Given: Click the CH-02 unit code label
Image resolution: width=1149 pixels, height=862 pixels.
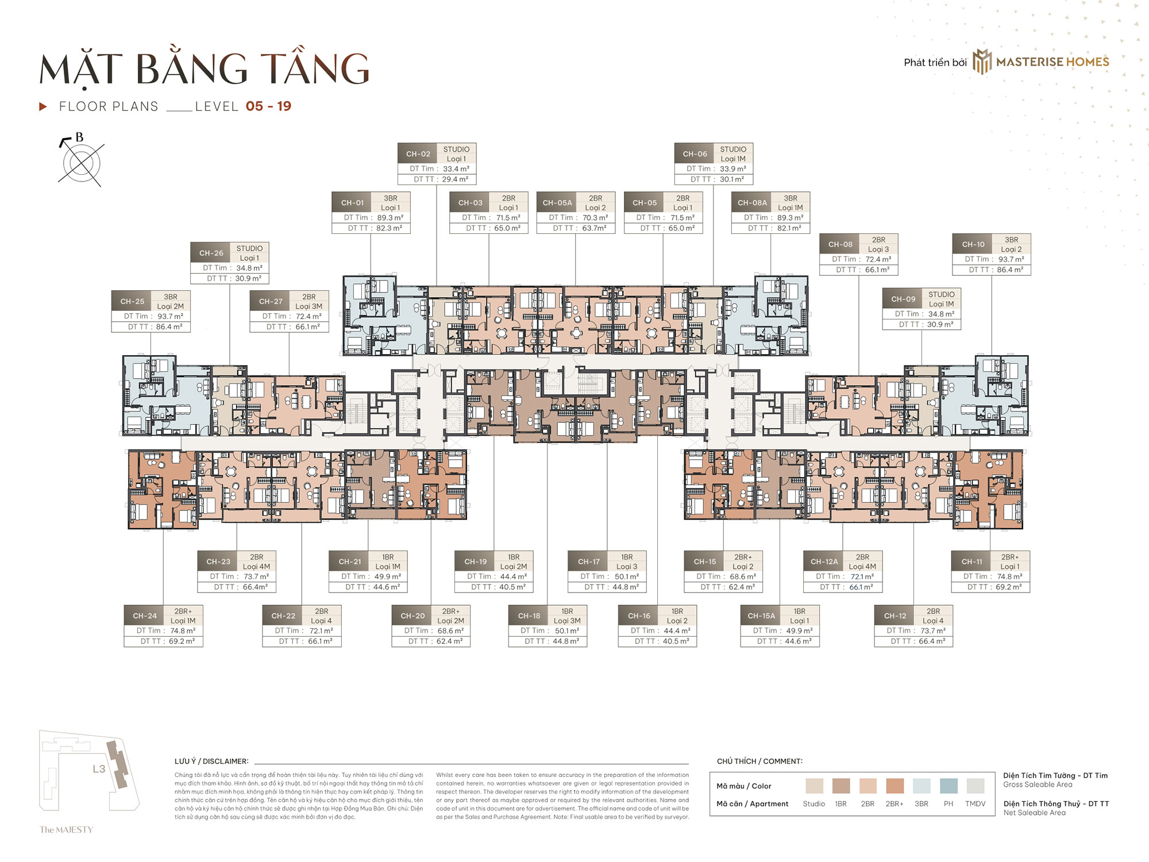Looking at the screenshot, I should point(418,154).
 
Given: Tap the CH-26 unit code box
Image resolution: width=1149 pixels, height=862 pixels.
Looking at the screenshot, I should point(211,253).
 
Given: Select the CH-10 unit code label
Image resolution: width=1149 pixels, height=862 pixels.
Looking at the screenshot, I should point(973,244).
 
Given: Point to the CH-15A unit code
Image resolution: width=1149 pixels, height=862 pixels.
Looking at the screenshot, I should point(761,615).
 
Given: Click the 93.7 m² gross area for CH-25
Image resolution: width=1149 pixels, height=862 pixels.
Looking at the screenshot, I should point(170,316).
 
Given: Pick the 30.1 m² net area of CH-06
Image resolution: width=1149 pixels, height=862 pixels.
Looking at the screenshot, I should point(731,179).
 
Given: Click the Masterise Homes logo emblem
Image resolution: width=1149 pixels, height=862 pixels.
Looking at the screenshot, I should point(982,61).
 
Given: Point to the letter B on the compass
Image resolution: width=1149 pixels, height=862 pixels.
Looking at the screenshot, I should point(79,137).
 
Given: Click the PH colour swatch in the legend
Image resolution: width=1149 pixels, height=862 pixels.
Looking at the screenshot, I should point(948,786).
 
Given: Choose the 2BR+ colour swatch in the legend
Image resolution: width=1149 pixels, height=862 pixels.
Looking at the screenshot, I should point(894,786).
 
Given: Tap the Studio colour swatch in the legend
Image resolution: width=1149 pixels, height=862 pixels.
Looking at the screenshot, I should point(813,786).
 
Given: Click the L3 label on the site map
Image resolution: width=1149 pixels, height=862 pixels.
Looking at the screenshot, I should point(99,768).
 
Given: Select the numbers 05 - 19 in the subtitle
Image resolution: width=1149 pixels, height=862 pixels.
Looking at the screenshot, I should point(268,106).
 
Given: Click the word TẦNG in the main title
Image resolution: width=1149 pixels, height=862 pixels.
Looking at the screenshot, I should point(314,70).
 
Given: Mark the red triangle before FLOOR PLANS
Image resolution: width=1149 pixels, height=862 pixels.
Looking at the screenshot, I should point(43,106).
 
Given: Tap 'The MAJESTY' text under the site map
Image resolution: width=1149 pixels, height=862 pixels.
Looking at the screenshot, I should point(66,829).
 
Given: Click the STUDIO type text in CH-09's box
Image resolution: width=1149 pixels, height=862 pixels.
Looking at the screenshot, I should point(941,294).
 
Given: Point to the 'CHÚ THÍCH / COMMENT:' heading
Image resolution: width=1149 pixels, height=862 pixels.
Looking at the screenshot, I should point(759,761).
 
